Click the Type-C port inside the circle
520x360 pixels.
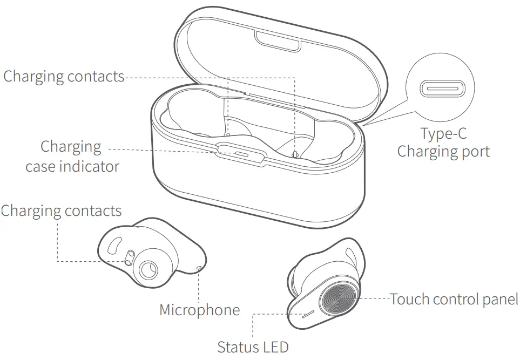pos(443,87)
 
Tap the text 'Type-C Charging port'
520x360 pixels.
pos(443,142)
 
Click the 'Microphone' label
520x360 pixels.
pos(199,310)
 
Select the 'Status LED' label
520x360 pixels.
pos(253,346)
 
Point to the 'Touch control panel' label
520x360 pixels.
pos(454,298)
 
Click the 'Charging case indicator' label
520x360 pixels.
pos(72,156)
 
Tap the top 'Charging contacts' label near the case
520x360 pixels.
pos(64,76)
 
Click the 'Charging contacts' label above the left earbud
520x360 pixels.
pos(61,210)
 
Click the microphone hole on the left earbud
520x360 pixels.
pos(200,267)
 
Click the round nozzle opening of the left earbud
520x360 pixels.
pos(147,270)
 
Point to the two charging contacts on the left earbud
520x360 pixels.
pos(129,257)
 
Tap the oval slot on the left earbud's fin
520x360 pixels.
pos(113,246)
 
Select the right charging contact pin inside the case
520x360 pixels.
pos(294,154)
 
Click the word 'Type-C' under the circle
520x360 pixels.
pos(443,133)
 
